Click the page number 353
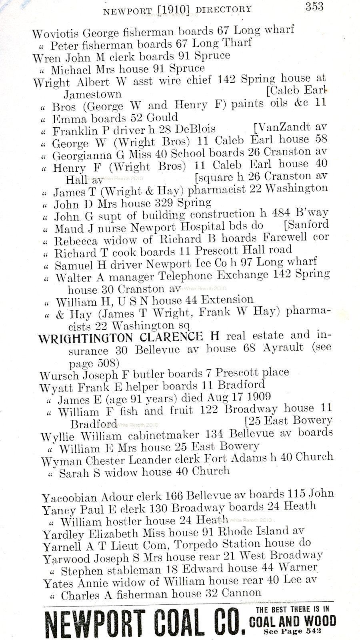(314, 6)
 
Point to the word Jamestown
(93, 94)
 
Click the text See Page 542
(292, 632)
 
